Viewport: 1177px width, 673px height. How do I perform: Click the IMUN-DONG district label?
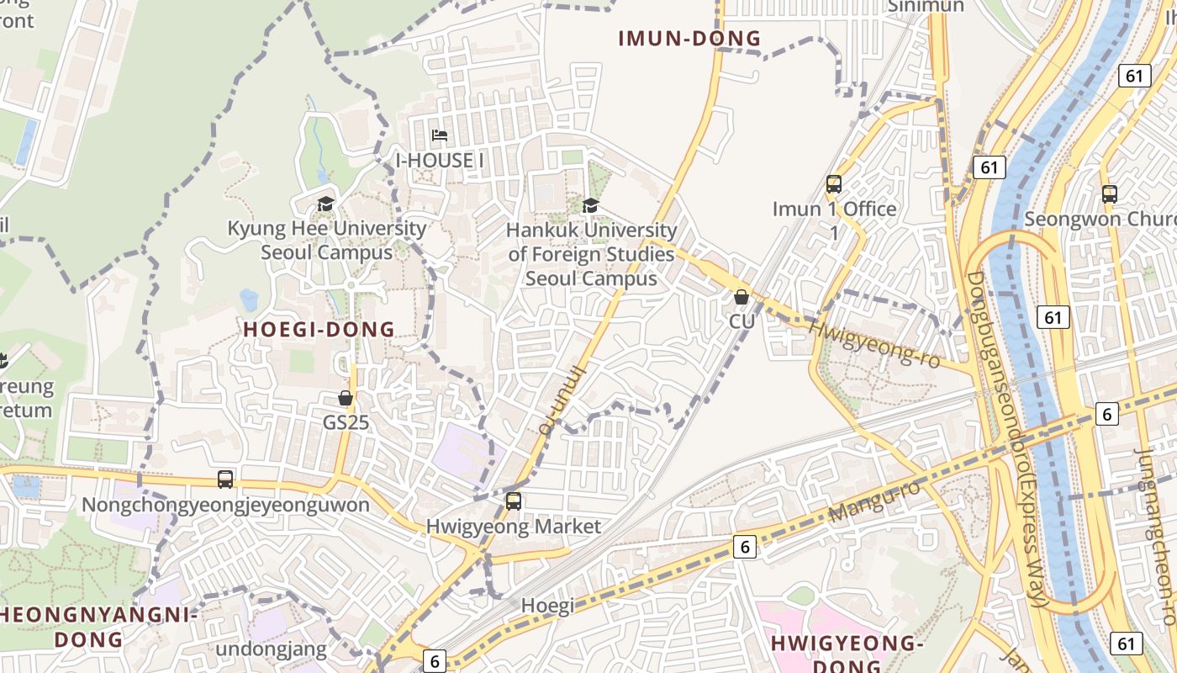(689, 39)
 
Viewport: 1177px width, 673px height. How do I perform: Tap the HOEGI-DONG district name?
(319, 330)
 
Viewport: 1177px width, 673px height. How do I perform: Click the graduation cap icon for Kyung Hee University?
(325, 204)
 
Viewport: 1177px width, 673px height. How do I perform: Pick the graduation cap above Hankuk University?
(591, 206)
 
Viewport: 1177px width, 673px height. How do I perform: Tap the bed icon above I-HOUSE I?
(439, 135)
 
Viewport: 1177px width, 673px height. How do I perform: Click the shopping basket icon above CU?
(742, 297)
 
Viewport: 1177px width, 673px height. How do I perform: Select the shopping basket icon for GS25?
(346, 398)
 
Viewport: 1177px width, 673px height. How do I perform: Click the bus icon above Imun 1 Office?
(834, 184)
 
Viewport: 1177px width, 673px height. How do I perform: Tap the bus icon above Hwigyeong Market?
(514, 501)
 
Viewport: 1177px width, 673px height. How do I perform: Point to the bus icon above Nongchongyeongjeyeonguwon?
(225, 480)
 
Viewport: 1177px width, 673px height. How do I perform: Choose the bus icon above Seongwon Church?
(1110, 194)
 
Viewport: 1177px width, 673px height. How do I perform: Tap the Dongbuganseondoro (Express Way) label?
(1005, 437)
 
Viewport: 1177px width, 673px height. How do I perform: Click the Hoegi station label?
(547, 606)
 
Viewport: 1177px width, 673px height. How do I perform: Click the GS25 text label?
(346, 422)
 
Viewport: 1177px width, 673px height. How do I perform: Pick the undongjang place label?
(271, 649)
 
